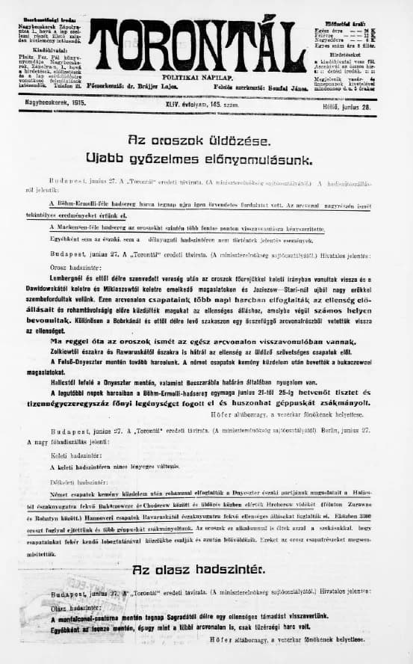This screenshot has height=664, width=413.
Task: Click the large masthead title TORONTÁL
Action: tap(197, 46)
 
